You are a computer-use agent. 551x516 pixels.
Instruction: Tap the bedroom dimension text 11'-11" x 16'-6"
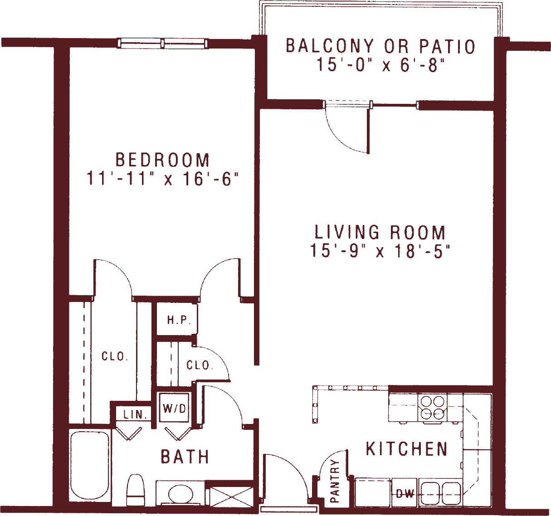pyautogui.click(x=163, y=178)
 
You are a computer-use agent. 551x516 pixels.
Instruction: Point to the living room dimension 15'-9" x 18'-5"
pyautogui.click(x=380, y=250)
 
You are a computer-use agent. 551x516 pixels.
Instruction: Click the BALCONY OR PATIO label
pyautogui.click(x=380, y=46)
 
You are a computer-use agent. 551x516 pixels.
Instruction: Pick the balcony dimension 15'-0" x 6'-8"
pyautogui.click(x=380, y=64)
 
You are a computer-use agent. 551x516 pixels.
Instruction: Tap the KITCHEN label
pyautogui.click(x=407, y=448)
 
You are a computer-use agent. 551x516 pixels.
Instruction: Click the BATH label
pyautogui.click(x=185, y=457)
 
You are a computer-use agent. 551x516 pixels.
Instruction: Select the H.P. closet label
pyautogui.click(x=179, y=320)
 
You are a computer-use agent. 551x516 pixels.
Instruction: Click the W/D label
pyautogui.click(x=174, y=409)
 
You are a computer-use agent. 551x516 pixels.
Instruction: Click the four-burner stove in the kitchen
pyautogui.click(x=432, y=407)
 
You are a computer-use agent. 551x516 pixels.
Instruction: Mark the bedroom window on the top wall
pyautogui.click(x=162, y=44)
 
